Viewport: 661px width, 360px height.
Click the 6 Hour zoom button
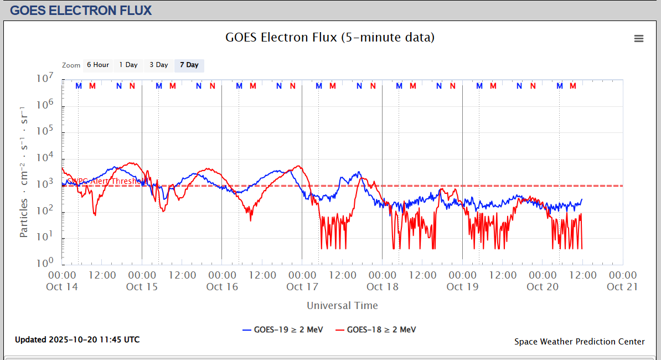pos(97,65)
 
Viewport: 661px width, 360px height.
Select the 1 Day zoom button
pos(128,65)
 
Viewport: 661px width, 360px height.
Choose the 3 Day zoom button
pos(158,65)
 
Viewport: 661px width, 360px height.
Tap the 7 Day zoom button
pos(189,65)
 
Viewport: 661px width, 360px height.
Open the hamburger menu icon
pos(639,38)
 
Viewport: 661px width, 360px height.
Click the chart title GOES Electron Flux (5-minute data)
pos(330,38)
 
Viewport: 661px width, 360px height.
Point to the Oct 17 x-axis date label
pos(302,286)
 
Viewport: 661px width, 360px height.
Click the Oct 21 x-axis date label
pos(623,286)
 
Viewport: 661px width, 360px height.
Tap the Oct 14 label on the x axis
pos(62,286)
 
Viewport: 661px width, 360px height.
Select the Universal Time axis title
pos(342,305)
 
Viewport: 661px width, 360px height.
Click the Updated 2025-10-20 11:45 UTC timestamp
pos(77,339)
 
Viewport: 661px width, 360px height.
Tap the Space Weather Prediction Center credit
pos(579,341)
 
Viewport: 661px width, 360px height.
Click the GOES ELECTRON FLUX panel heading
pos(81,10)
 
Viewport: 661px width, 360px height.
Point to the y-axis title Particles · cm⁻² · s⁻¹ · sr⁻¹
pos(24,171)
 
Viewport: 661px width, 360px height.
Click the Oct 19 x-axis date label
pos(462,286)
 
